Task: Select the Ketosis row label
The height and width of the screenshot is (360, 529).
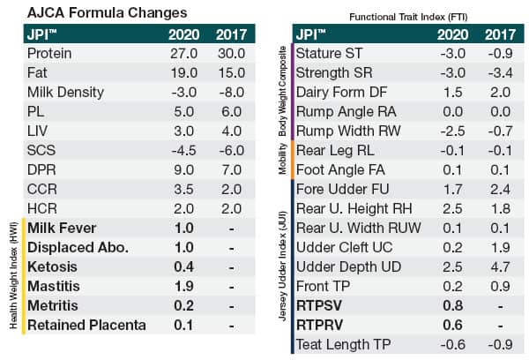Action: [x=54, y=266]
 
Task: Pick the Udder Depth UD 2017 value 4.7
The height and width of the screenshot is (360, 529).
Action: [x=501, y=266]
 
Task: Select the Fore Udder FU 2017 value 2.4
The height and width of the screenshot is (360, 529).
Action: [x=501, y=189]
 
